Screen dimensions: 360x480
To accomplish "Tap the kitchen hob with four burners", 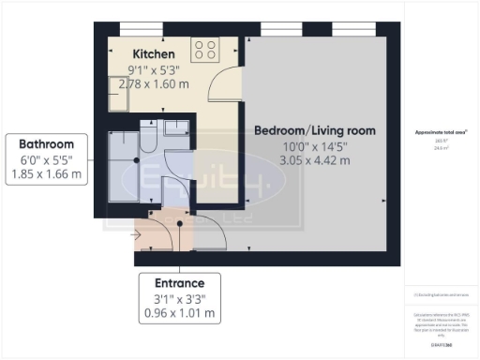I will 204,50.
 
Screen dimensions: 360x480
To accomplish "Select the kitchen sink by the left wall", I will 117,91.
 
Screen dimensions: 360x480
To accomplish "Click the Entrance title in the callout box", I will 179,282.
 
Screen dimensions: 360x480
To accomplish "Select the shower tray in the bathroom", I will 123,167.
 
